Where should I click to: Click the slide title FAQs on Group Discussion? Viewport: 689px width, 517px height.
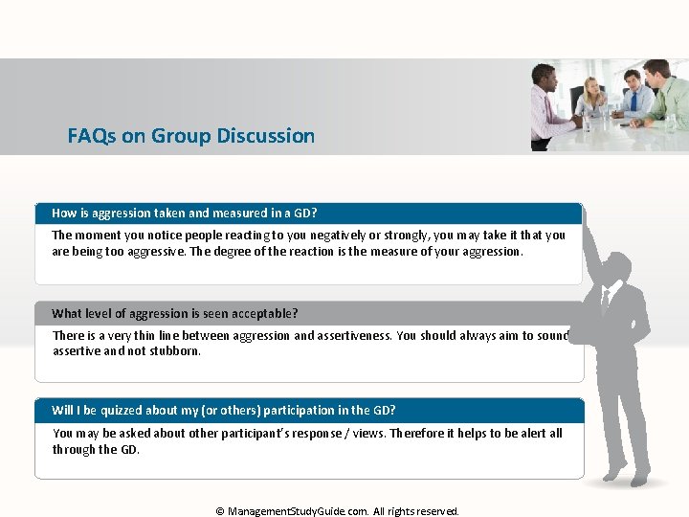point(190,136)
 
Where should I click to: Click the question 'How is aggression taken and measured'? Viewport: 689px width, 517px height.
point(185,213)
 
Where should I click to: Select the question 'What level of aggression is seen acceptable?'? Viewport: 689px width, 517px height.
point(175,313)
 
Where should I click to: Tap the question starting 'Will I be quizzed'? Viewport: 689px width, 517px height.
point(224,410)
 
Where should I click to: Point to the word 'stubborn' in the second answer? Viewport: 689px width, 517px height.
point(176,350)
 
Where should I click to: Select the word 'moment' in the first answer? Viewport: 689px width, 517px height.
point(98,235)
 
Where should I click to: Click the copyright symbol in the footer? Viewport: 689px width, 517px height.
point(220,511)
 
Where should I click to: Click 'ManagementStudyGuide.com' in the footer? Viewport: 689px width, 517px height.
point(298,511)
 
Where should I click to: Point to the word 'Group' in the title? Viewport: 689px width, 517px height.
point(179,136)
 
